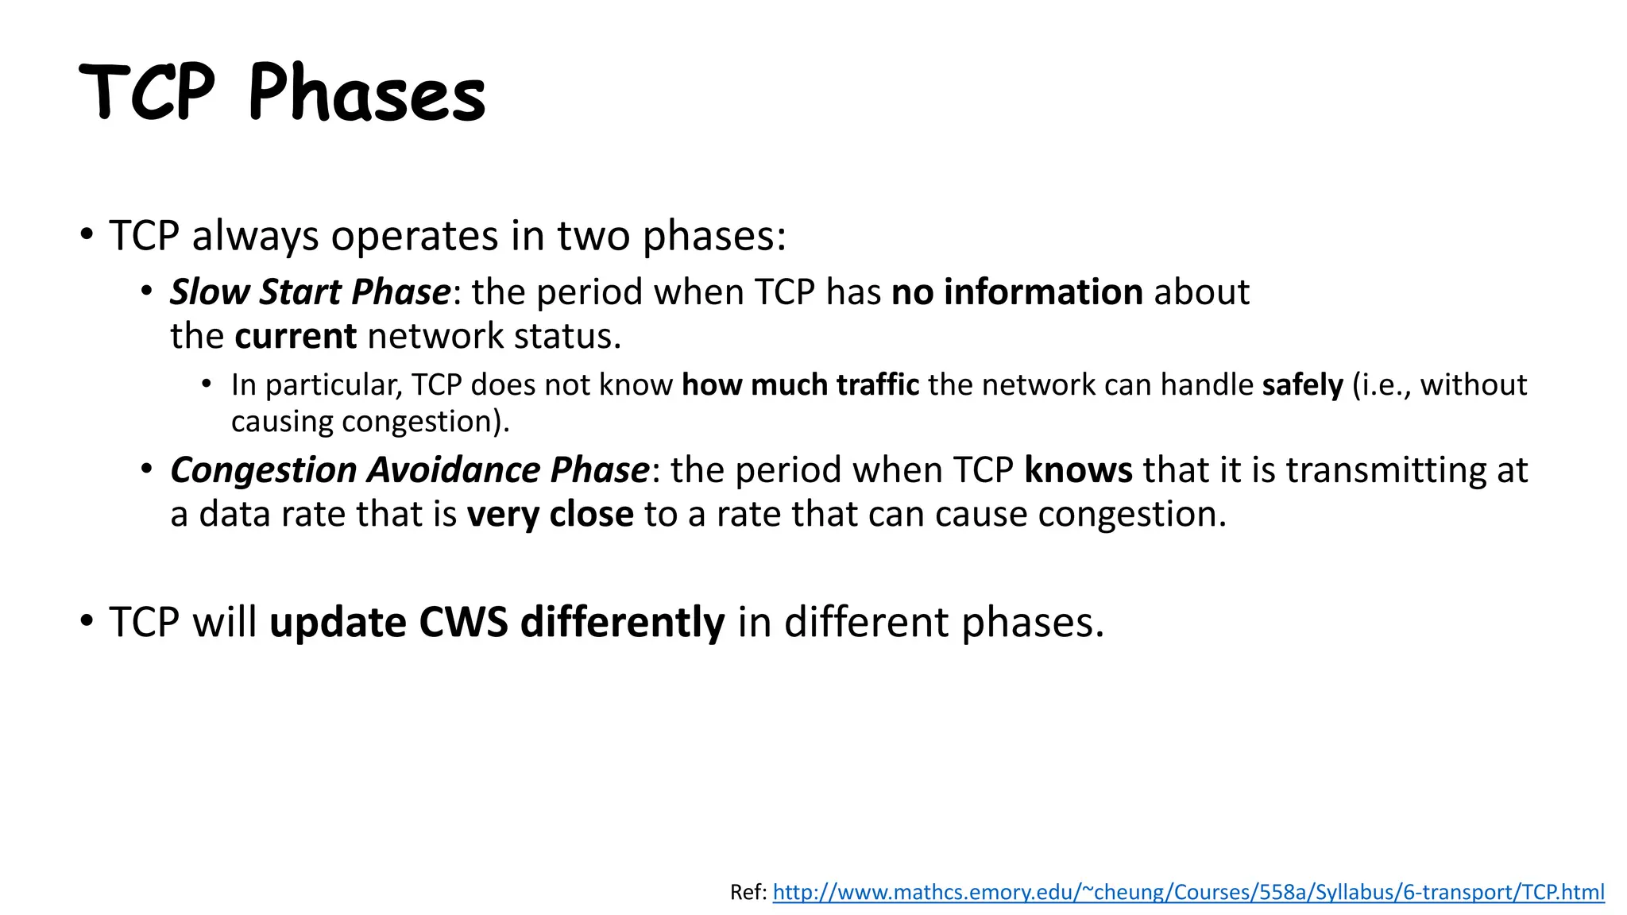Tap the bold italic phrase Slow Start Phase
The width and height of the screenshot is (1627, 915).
tap(311, 292)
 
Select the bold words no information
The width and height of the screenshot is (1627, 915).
tap(1017, 292)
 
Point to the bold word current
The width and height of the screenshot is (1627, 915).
tap(296, 336)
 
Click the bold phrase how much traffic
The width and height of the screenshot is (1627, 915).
tap(800, 385)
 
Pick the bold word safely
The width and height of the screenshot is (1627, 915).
tap(1302, 385)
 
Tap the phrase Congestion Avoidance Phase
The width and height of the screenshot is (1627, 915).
tap(410, 470)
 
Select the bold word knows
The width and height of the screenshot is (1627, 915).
tap(1078, 470)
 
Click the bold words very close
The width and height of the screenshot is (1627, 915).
tap(550, 515)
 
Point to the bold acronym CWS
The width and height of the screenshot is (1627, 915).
tap(463, 622)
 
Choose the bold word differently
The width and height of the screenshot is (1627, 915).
tap(622, 622)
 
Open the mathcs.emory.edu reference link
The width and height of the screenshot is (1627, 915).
tap(1188, 892)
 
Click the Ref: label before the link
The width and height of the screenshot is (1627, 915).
tap(748, 892)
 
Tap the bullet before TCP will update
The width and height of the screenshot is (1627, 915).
tap(87, 620)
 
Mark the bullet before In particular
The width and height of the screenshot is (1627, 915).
tap(207, 384)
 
